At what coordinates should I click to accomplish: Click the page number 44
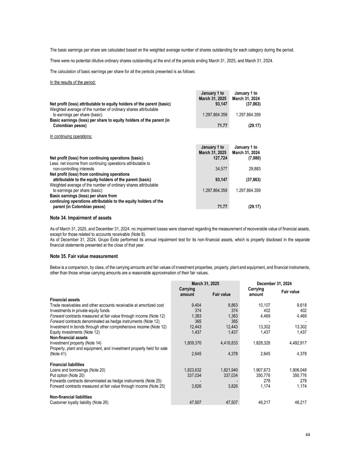(307, 435)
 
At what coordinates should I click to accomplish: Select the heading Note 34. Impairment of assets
(80, 218)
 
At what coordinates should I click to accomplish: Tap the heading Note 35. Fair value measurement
(84, 256)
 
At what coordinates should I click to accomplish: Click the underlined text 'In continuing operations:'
(71, 136)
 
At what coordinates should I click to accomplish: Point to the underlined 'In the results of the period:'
(73, 82)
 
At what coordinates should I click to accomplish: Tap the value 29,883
(254, 169)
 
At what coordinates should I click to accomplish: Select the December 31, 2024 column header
(274, 284)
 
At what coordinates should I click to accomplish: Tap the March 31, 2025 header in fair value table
(205, 284)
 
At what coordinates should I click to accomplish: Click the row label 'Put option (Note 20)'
(67, 375)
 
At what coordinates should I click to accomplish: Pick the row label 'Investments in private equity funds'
(80, 311)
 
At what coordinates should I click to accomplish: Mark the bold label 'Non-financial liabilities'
(71, 397)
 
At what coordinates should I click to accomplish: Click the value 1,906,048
(298, 370)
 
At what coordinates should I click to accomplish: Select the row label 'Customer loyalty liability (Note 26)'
(79, 403)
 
